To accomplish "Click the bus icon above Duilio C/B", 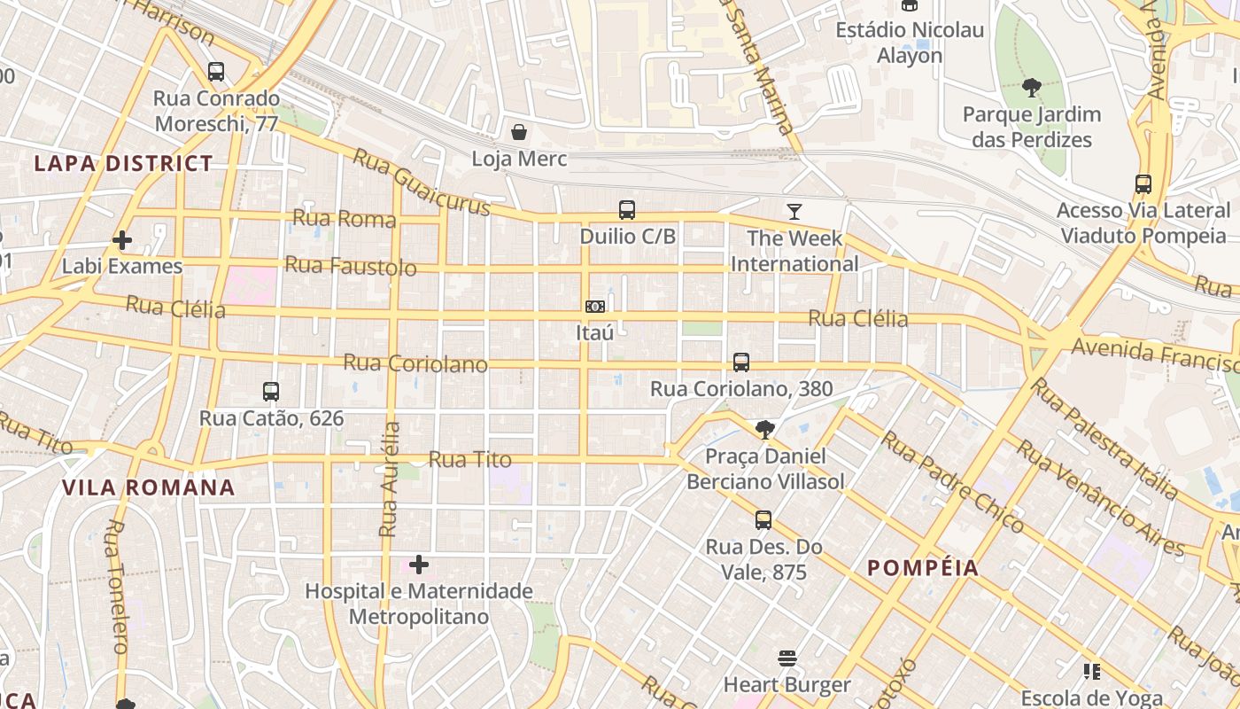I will click(x=627, y=210).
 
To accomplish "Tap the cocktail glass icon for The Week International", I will click(x=794, y=212).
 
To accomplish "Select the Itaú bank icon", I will click(x=595, y=307).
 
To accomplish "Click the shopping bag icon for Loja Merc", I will click(x=519, y=133).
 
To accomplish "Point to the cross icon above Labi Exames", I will click(x=122, y=240).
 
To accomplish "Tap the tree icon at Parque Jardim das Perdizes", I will click(x=1031, y=88).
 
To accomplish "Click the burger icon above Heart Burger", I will click(x=787, y=658).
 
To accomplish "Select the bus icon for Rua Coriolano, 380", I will click(x=741, y=362).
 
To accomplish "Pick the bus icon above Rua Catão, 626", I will click(x=271, y=391).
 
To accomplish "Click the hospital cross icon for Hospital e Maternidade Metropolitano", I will click(x=419, y=565).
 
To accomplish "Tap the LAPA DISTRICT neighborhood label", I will click(x=123, y=164).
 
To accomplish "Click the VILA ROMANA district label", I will click(x=149, y=487).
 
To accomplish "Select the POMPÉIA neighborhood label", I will click(x=923, y=568).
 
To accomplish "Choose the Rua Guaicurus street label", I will click(x=422, y=182).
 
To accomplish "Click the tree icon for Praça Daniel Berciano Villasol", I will click(x=764, y=430).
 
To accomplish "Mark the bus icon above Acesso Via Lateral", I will click(x=1143, y=184).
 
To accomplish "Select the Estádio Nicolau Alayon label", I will click(x=910, y=43).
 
